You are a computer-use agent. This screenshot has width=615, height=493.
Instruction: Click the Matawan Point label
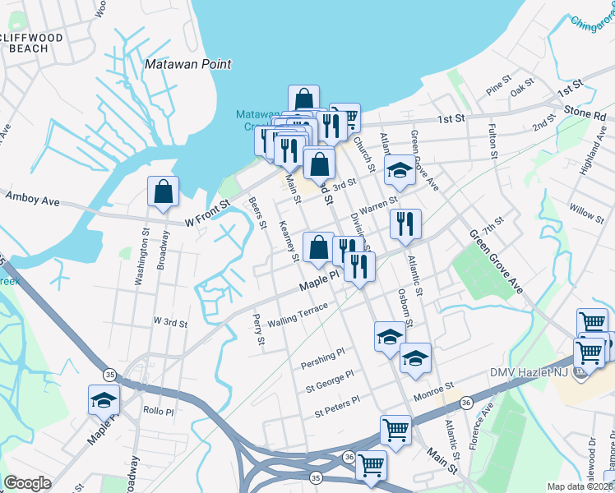click(x=187, y=64)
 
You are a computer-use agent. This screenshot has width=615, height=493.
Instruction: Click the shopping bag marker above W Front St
click(x=164, y=192)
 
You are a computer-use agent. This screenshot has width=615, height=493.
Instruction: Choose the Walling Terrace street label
click(x=297, y=314)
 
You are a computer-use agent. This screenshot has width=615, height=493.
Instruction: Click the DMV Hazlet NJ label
click(x=534, y=373)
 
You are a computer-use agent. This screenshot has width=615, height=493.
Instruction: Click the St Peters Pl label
click(x=332, y=403)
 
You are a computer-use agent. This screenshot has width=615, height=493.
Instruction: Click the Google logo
click(x=27, y=483)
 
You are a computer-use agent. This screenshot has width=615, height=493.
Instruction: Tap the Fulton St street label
click(x=492, y=142)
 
